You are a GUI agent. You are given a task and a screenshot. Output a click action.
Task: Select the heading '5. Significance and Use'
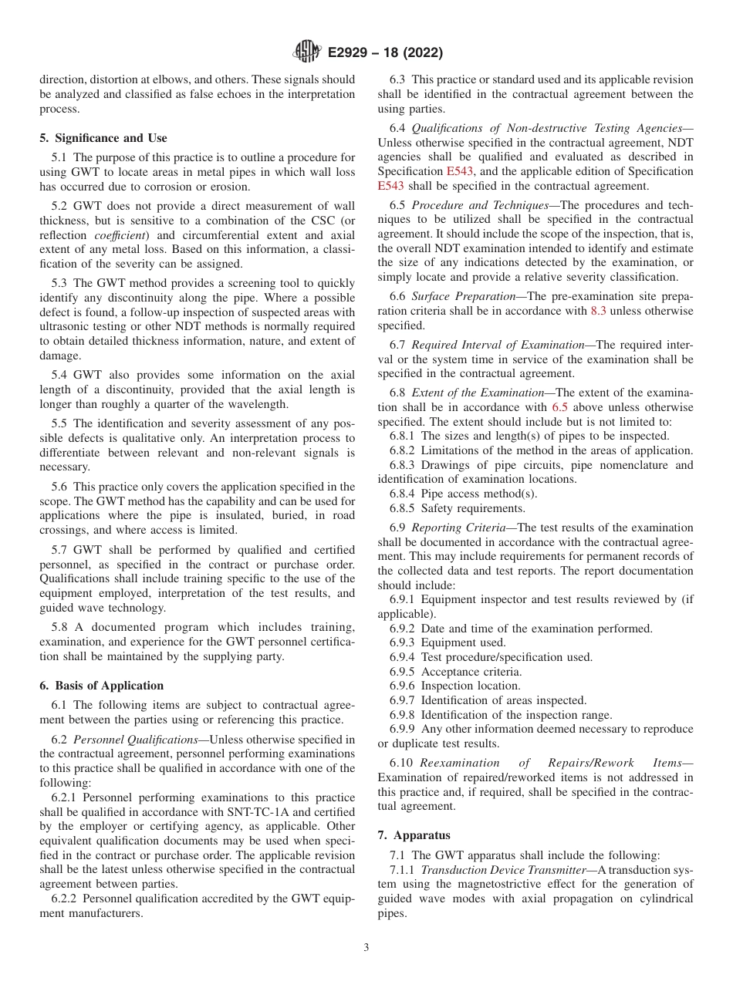click(103, 138)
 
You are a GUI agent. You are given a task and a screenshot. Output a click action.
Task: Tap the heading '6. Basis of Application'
click(102, 686)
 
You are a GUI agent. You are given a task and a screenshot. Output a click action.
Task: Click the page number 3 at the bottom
click(366, 948)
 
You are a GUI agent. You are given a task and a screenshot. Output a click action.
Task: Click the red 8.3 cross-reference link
click(599, 311)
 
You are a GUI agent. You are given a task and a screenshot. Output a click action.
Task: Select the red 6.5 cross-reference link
click(560, 407)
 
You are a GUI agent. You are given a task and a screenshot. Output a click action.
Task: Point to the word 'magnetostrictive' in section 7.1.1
click(505, 884)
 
